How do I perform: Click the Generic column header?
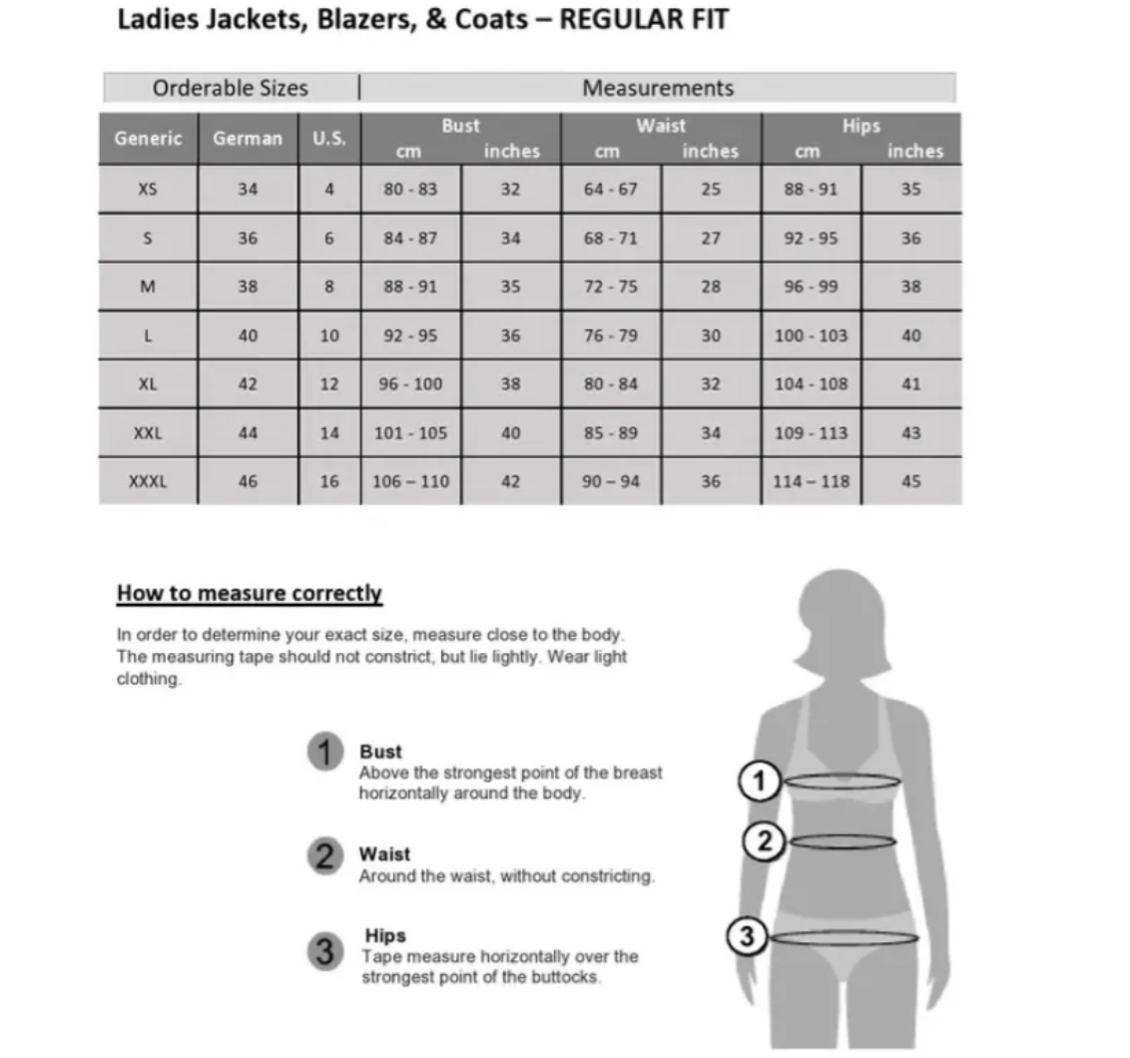[148, 139]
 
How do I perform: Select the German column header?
[248, 139]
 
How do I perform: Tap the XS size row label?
[148, 189]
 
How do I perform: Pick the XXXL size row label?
[148, 481]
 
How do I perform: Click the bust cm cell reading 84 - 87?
[410, 239]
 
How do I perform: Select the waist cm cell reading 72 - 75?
[610, 286]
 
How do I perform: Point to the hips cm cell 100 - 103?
[811, 335]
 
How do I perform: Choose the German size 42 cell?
[248, 383]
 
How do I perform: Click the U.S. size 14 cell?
[329, 433]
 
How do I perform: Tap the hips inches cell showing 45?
[910, 481]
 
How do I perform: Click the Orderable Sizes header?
[231, 88]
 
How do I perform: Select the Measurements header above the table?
[658, 88]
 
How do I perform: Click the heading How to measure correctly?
[250, 593]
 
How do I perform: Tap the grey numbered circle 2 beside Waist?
[325, 855]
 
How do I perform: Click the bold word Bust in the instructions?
[380, 752]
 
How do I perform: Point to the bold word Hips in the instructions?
[385, 935]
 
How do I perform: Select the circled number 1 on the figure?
[760, 781]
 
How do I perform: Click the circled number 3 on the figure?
[747, 936]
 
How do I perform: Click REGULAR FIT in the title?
[643, 19]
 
